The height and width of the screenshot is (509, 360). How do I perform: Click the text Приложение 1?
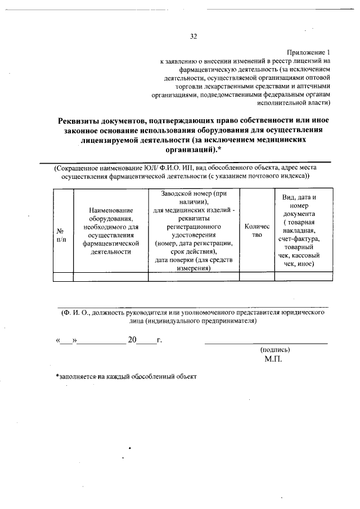[x=310, y=51]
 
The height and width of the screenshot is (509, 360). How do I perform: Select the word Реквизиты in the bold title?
[x=82, y=120]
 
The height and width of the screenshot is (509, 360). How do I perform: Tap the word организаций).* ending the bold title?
[x=191, y=150]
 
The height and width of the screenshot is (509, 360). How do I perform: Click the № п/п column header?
[x=62, y=235]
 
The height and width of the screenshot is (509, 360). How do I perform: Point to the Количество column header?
[x=256, y=231]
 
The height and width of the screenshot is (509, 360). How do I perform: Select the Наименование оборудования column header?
[x=110, y=231]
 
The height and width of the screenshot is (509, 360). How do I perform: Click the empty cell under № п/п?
[x=63, y=276]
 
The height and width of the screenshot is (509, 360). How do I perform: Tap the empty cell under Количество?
[x=256, y=276]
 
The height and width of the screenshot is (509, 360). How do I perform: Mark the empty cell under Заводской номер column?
[x=193, y=276]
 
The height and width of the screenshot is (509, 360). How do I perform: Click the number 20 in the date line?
[x=133, y=340]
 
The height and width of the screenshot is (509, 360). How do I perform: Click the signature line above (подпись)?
[x=265, y=342]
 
